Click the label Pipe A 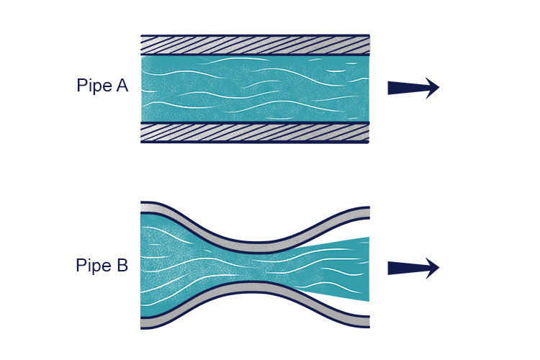click(102, 86)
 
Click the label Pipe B click(102, 266)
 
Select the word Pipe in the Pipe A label click(91, 86)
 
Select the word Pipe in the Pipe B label click(91, 266)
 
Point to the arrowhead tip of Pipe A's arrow click(438, 88)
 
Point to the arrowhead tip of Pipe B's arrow click(438, 268)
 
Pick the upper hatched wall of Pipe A click(255, 45)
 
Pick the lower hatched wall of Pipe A click(255, 132)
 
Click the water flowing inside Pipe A click(255, 89)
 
